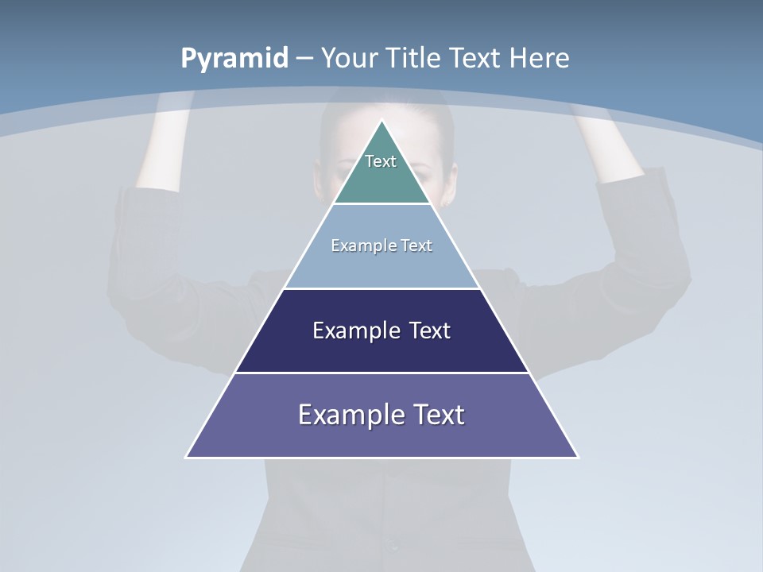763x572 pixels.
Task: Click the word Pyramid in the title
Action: (x=234, y=58)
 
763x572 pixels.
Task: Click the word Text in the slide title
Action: (x=475, y=58)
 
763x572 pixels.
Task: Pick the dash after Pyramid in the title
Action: (x=304, y=59)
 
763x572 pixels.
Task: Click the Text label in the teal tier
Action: (x=381, y=161)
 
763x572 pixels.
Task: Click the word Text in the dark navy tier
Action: (x=430, y=330)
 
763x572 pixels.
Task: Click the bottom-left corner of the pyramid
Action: (x=187, y=457)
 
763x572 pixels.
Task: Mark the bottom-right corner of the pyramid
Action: (x=577, y=457)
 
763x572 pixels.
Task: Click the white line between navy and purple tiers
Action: (x=381, y=373)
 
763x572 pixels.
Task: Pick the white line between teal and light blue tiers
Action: (x=381, y=204)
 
